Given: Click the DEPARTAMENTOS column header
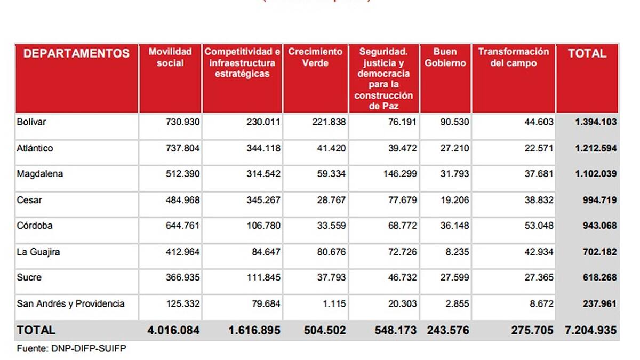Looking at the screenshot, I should pos(76,53).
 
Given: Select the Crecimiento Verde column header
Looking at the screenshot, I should pos(315,58).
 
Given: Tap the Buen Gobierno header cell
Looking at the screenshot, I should pos(445,58).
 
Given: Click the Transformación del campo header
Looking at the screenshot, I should pos(513,58).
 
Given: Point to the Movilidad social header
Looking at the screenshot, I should pos(170,58).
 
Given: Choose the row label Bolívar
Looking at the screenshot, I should pos(31,122).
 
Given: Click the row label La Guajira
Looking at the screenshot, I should pos(38,252).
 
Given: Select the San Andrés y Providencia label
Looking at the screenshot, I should pos(71,303).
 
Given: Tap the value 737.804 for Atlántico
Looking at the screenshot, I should pos(182,148).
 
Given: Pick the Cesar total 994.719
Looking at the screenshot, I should pos(599,200).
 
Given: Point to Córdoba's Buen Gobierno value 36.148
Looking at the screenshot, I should pos(452,226).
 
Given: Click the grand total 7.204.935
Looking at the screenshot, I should pos(590,331).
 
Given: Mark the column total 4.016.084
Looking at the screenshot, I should pos(173,331).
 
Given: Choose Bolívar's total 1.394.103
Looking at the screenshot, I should pos(595,122).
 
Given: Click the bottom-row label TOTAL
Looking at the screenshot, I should pos(36,331).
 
